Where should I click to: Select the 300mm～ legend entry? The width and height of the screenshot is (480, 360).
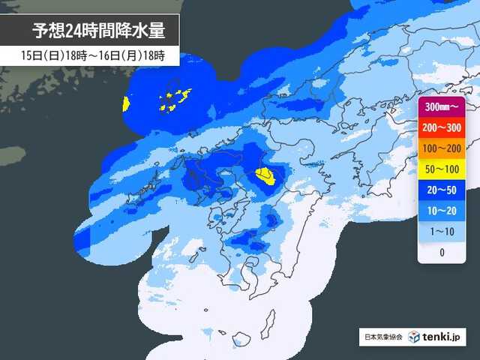tap(442, 107)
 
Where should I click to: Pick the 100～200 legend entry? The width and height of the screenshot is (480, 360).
tap(442, 148)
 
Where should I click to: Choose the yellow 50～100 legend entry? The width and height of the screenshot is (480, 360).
tap(442, 169)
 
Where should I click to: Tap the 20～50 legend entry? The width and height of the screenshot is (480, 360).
tap(442, 190)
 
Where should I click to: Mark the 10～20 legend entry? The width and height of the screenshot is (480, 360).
tap(442, 211)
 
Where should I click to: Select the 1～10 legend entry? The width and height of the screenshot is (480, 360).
tap(442, 232)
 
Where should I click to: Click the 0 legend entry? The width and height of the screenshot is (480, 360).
tap(442, 253)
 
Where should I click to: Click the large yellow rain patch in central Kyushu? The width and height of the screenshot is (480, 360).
tap(265, 177)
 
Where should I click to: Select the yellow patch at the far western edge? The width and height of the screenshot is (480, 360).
tap(126, 103)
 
